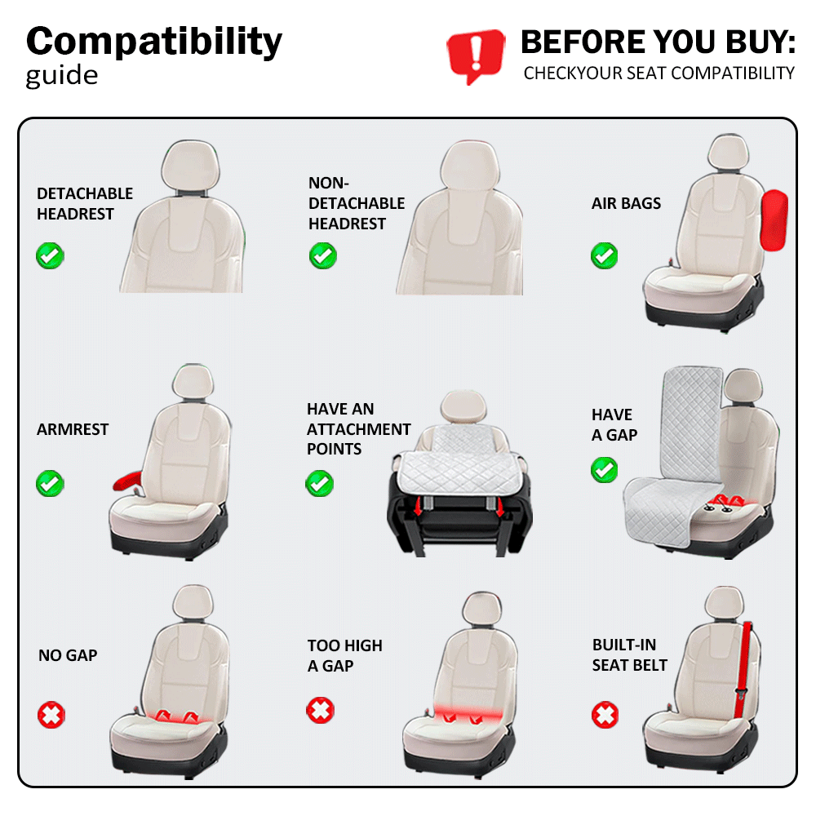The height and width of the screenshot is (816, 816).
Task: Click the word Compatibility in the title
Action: click(154, 42)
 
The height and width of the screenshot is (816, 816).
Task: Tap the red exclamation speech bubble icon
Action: click(476, 55)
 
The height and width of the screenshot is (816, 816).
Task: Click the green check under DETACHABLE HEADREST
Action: click(50, 255)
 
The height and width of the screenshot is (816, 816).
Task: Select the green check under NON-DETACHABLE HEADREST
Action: click(322, 255)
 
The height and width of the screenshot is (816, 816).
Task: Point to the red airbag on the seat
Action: click(774, 220)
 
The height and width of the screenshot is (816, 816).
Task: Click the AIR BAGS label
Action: click(626, 203)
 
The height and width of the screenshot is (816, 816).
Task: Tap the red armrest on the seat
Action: click(127, 481)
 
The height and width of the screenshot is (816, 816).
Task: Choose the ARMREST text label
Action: click(73, 429)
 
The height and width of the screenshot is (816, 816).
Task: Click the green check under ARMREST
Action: click(50, 483)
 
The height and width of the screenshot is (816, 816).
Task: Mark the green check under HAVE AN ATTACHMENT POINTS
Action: click(320, 483)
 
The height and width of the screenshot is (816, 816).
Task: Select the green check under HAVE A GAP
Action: click(604, 470)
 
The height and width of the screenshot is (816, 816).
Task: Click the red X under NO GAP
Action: click(51, 715)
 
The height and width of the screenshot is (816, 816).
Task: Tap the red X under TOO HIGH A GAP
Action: click(320, 710)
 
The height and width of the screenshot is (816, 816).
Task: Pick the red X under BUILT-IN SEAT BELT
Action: click(605, 715)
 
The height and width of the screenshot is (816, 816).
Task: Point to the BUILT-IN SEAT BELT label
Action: click(630, 654)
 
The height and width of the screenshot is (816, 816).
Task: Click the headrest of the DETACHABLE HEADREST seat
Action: click(190, 166)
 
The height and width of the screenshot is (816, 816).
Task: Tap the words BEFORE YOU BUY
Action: click(659, 42)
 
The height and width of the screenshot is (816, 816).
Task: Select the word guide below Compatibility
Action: click(62, 77)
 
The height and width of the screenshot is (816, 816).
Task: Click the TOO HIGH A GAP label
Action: click(345, 656)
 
